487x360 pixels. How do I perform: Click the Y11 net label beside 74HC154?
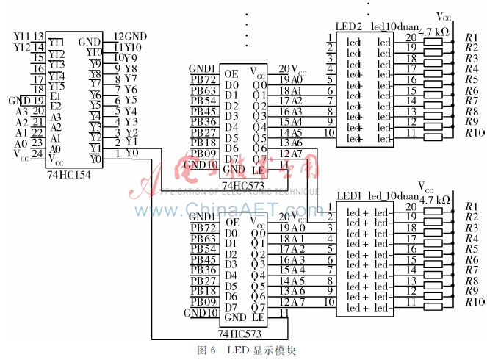21,37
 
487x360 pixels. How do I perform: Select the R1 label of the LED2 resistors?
471,37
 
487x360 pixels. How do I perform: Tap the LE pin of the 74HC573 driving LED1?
257,317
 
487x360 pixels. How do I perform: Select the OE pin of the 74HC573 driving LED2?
231,73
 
